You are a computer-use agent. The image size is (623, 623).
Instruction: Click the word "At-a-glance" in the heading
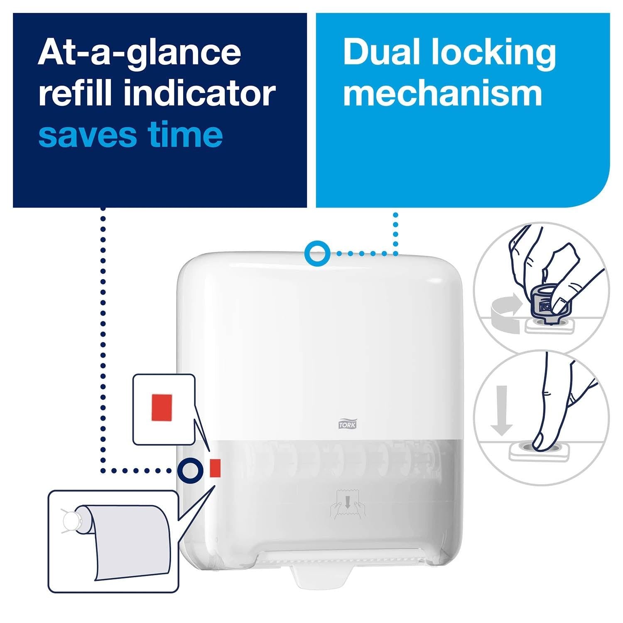pos(139,54)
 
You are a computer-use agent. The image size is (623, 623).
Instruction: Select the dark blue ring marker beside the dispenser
pos(191,470)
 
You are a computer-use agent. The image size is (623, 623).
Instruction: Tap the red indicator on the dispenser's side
pos(215,468)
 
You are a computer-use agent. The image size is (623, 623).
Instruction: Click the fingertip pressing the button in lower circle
pos(540,442)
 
